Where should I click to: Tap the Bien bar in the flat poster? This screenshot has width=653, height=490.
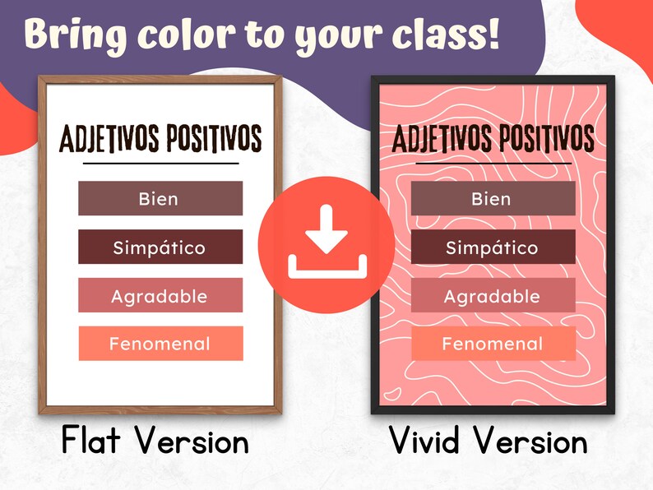coord(160,198)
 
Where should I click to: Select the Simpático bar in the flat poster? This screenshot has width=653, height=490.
coord(160,247)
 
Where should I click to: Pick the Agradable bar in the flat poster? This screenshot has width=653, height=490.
coord(160,295)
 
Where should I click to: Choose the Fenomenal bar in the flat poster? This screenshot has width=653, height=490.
coord(160,344)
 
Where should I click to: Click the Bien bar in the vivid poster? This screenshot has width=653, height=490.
coord(493,198)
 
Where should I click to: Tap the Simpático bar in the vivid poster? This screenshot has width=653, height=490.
coord(493,247)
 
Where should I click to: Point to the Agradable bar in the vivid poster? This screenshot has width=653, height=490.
coord(493,295)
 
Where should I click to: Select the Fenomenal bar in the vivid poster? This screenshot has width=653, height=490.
coord(493,344)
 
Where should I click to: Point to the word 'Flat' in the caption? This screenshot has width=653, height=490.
coord(94,441)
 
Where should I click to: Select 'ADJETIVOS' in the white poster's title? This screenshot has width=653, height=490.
coord(106,140)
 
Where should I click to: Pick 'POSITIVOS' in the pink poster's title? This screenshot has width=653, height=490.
coord(544,140)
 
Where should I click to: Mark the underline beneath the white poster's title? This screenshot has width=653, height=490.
coord(160,164)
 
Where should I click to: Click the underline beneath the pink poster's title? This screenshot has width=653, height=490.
coord(493,163)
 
